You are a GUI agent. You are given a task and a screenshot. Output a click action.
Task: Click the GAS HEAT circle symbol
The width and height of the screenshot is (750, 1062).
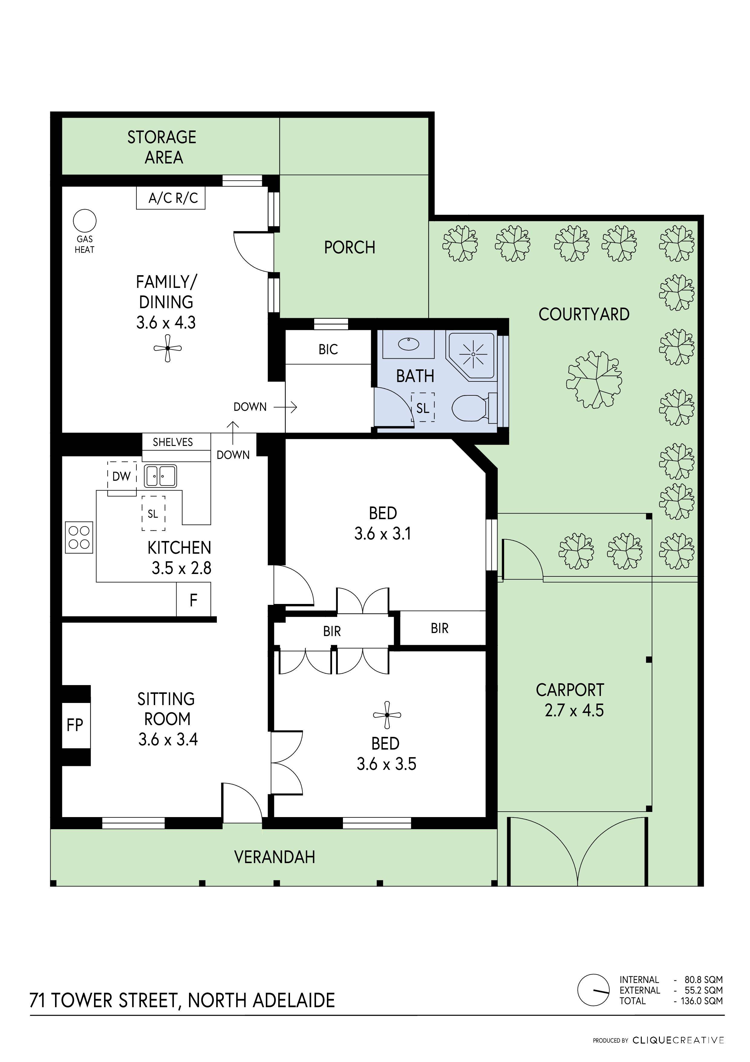point(85,221)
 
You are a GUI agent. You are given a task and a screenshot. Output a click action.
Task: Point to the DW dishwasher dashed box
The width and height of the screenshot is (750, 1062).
point(122,477)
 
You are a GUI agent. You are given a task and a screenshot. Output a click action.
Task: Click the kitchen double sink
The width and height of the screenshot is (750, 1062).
point(160,476)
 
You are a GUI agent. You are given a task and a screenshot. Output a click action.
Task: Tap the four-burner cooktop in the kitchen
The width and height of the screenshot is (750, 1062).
point(79,537)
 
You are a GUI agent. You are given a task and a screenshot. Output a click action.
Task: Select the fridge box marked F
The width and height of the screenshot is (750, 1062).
point(194,600)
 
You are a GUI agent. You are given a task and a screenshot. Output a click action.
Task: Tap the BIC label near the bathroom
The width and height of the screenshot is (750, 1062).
point(328,350)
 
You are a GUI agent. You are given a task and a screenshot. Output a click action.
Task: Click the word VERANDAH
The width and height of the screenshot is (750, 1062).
point(275,857)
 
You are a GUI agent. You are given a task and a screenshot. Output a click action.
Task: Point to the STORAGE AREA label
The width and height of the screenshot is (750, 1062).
point(162,147)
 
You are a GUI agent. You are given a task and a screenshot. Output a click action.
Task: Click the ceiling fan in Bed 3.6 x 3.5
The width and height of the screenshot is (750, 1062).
point(387,715)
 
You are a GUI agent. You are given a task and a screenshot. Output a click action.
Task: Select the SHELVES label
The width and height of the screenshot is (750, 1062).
point(173,442)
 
